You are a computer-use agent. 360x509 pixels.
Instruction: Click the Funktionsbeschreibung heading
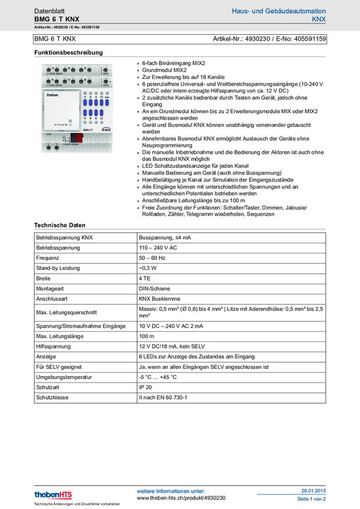pyautogui.click(x=68, y=53)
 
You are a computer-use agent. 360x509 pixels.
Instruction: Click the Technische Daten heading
pyautogui.click(x=59, y=225)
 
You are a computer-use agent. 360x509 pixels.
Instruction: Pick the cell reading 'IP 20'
pyautogui.click(x=146, y=387)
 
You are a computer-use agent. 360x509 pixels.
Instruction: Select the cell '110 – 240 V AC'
pyautogui.click(x=158, y=247)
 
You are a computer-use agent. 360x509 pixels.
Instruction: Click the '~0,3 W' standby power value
pyautogui.click(x=149, y=268)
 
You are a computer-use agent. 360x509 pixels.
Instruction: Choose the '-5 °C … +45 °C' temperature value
pyautogui.click(x=158, y=377)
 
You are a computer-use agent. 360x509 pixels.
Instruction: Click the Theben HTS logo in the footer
pyautogui.click(x=53, y=494)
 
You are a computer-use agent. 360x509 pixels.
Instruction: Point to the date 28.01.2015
pyautogui.click(x=313, y=490)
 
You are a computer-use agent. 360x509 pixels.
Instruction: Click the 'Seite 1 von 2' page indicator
pyautogui.click(x=311, y=498)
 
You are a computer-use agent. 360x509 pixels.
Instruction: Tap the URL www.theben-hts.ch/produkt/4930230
pyautogui.click(x=181, y=498)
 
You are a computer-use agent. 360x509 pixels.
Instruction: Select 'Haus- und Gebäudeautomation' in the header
pyautogui.click(x=279, y=11)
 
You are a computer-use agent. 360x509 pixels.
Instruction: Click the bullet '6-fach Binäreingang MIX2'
pyautogui.click(x=174, y=62)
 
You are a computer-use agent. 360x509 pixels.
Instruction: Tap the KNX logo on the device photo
pyautogui.click(x=105, y=129)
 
